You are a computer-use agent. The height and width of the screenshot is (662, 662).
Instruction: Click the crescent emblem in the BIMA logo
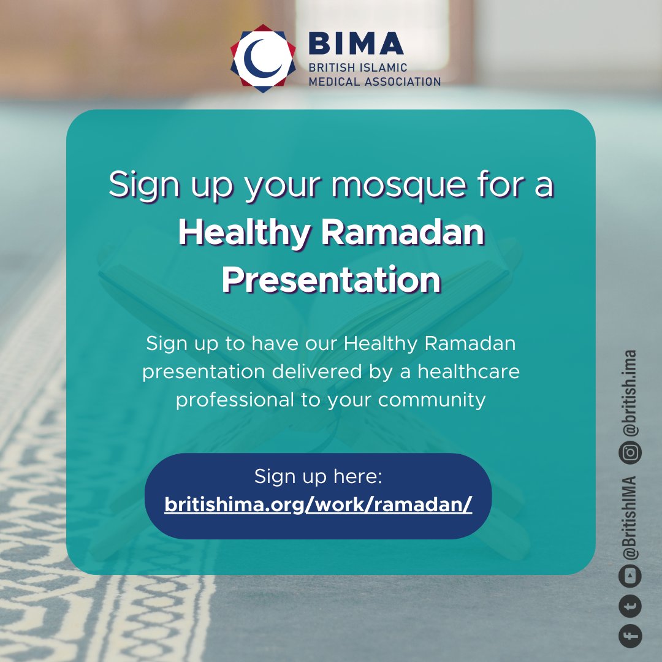pos(263,58)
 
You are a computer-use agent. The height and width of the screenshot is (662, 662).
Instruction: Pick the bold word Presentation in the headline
pos(331,280)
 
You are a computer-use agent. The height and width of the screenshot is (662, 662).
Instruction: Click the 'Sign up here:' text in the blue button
pos(318,476)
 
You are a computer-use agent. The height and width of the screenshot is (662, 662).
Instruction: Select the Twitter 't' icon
pos(630,606)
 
